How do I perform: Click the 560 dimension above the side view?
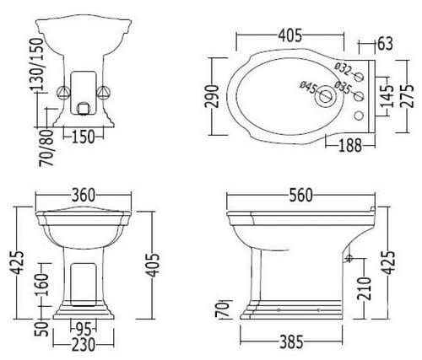click(x=300, y=195)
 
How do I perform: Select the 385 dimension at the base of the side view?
click(x=291, y=342)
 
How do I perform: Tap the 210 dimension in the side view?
click(x=365, y=288)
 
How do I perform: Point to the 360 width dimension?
click(x=84, y=195)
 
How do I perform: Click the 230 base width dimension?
click(x=84, y=345)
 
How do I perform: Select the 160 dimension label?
click(x=42, y=285)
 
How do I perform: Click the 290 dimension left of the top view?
click(x=212, y=96)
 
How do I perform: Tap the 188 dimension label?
click(x=350, y=145)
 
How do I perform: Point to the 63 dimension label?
click(x=385, y=44)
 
